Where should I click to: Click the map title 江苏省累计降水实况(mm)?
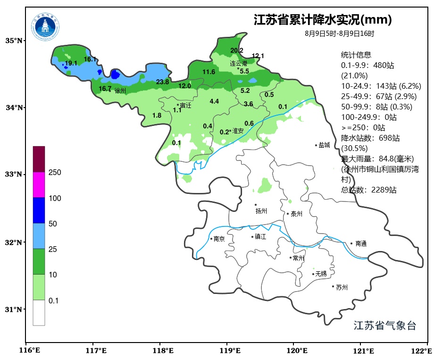tap(323, 20)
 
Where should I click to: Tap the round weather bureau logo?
tap(46, 27)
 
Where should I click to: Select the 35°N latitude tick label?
tap(14, 41)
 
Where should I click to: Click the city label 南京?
tap(219, 239)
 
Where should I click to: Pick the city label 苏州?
tap(342, 287)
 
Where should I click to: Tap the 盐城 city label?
tap(324, 145)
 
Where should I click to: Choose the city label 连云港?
tap(239, 63)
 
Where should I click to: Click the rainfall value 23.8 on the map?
tap(162, 82)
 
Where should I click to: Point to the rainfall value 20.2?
tap(237, 50)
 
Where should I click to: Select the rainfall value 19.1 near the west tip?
tap(71, 63)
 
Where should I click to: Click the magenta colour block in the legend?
tap(39, 184)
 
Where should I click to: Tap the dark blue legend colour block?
tap(39, 210)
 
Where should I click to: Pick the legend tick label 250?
tap(55, 173)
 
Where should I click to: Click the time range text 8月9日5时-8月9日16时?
tap(339, 33)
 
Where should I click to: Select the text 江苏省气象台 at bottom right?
tap(384, 326)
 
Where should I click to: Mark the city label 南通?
tap(361, 244)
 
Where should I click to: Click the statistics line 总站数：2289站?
tap(368, 190)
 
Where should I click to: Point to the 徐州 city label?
tap(120, 91)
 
